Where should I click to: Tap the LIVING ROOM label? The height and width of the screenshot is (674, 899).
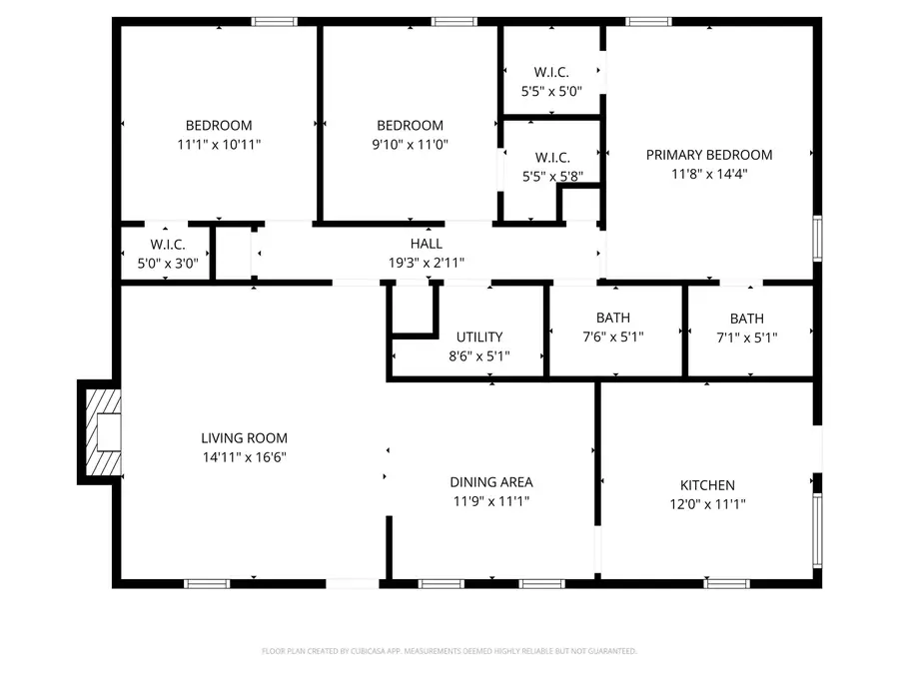[x=244, y=437]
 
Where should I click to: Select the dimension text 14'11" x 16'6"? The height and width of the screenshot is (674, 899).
[x=244, y=456]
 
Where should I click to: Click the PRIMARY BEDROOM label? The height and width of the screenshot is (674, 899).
[x=708, y=155]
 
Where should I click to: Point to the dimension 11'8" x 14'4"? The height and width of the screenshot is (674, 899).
[x=708, y=174]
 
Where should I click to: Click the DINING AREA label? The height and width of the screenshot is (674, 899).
[x=490, y=481]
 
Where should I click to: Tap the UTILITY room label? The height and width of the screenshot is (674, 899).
[x=479, y=337]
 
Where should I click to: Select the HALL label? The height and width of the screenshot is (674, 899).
[x=427, y=244]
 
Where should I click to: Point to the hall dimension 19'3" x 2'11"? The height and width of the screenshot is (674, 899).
[x=427, y=263]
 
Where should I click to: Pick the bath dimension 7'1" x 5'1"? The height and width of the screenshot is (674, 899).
[x=746, y=337]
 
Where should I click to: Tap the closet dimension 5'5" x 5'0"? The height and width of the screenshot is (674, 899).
[x=551, y=91]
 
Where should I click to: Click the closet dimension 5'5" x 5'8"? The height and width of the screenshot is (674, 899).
[x=551, y=177]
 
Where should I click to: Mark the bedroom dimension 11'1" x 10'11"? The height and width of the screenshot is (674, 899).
[x=219, y=144]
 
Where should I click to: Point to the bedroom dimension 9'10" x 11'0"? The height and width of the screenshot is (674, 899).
[x=410, y=144]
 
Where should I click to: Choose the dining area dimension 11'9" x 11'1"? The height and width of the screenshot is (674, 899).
[x=490, y=500]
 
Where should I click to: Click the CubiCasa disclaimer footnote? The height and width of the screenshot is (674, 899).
[x=449, y=651]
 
